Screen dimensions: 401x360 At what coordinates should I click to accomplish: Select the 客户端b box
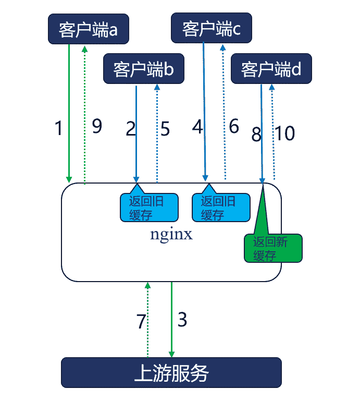click(x=144, y=69)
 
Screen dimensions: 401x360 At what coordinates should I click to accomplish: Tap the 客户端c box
click(x=212, y=29)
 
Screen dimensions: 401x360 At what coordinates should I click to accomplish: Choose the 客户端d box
click(x=271, y=69)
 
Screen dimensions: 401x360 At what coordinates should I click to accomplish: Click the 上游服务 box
click(x=171, y=372)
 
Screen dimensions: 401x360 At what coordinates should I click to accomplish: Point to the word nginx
click(x=171, y=234)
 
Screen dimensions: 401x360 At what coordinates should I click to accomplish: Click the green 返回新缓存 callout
click(x=272, y=248)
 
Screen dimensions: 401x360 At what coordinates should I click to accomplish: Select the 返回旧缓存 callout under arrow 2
click(x=148, y=208)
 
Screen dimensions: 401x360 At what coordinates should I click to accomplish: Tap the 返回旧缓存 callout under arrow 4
click(x=221, y=208)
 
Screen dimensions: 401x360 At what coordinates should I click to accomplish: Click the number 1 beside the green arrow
click(x=58, y=128)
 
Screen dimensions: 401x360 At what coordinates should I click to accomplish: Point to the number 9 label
click(x=97, y=126)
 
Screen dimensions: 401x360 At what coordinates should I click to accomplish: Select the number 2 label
click(x=131, y=129)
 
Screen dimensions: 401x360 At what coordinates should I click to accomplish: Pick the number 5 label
click(x=165, y=129)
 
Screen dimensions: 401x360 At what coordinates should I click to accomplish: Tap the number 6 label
click(x=234, y=126)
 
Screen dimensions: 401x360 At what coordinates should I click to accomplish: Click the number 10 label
click(x=285, y=133)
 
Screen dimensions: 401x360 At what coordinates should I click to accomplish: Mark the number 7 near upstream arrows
click(x=141, y=322)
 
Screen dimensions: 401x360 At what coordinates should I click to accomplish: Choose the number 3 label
click(x=182, y=319)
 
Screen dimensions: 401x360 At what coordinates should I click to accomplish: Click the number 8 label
click(x=256, y=135)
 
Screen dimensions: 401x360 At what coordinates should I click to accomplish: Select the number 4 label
click(x=198, y=126)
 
